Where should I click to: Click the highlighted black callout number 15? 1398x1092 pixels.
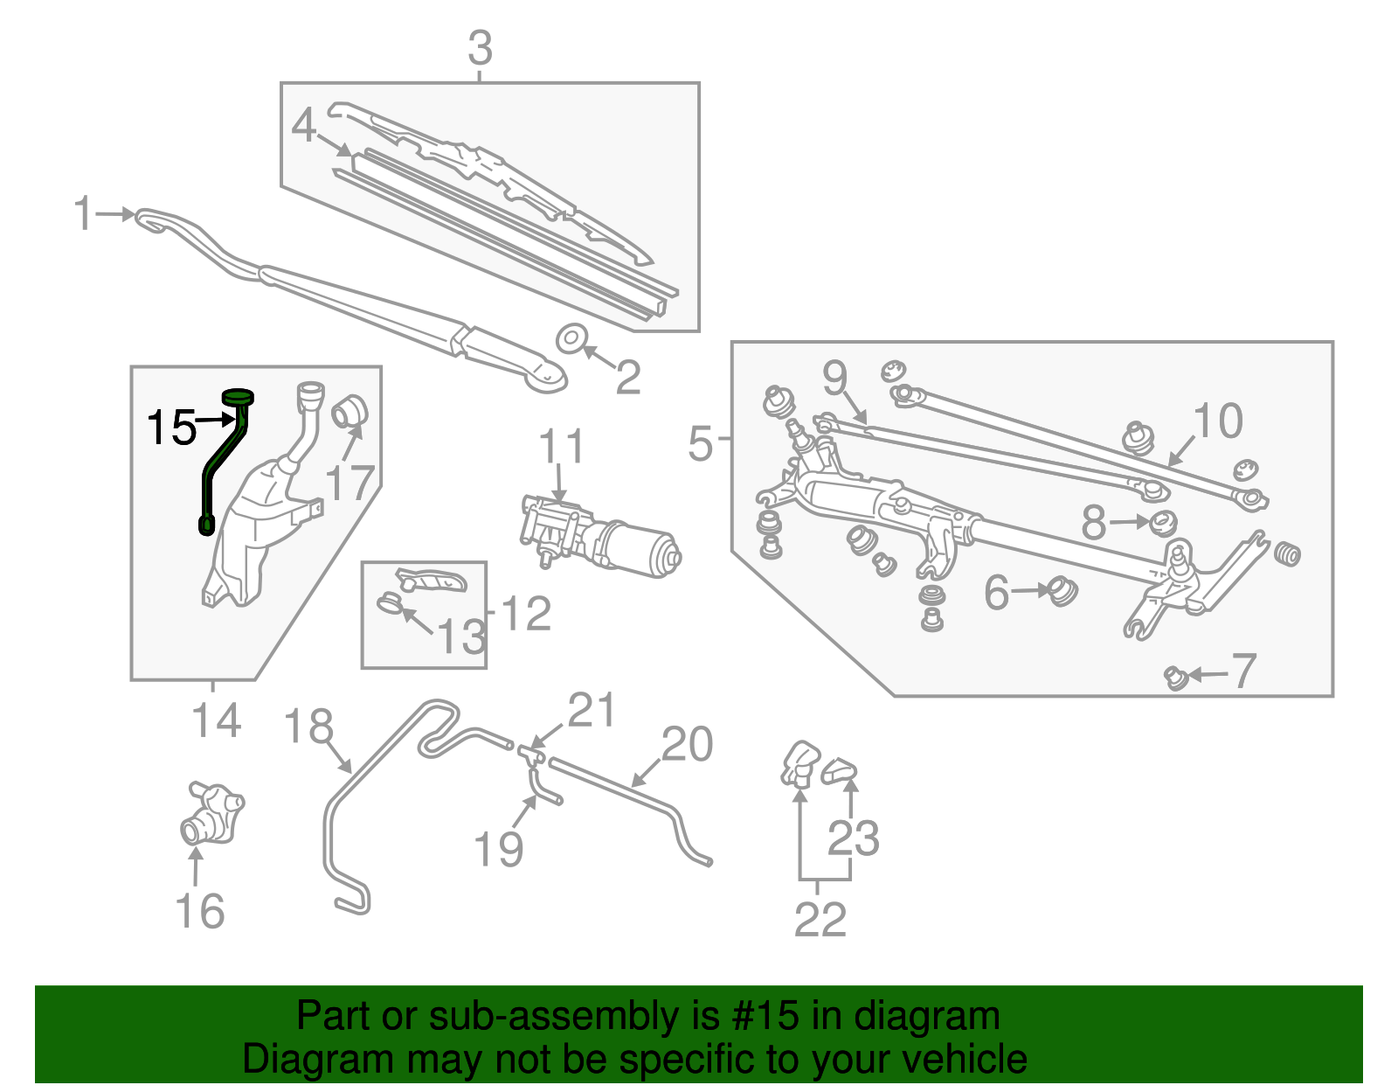pos(171,428)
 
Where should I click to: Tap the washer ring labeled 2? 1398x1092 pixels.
pos(571,337)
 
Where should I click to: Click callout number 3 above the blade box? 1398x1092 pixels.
pos(480,49)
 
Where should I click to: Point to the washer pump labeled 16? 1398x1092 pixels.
pos(211,814)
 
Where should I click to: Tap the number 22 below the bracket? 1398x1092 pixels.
pos(820,920)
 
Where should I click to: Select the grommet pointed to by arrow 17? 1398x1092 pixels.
pos(352,410)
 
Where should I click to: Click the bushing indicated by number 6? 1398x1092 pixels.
pos(1062,592)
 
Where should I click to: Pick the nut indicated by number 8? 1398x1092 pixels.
pos(1162,524)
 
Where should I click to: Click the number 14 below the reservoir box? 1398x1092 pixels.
pos(216,721)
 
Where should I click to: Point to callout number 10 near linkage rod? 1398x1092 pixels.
pos(1217,421)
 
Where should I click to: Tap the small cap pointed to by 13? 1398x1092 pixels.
pos(390,602)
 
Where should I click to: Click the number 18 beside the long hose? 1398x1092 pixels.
pos(309,727)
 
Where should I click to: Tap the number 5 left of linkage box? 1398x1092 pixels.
pos(701,443)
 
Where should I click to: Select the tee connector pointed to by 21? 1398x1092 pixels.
pos(530,753)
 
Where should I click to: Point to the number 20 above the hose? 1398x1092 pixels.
pos(687,745)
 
